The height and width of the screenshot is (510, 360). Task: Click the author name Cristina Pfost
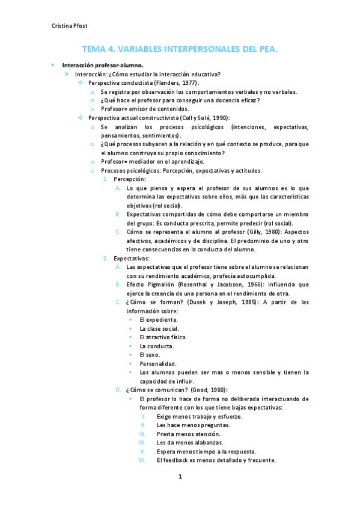(x=69, y=26)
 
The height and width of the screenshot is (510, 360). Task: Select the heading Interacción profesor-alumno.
(x=103, y=65)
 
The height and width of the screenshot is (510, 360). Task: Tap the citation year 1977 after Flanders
(x=188, y=82)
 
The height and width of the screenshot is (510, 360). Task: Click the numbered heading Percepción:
(x=130, y=179)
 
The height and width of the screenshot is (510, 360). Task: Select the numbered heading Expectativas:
(x=132, y=258)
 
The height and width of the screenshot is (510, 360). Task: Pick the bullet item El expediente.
(x=159, y=320)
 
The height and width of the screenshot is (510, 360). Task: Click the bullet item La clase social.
(x=159, y=328)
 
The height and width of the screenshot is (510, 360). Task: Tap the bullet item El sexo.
(x=150, y=355)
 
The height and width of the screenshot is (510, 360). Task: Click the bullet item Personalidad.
(x=158, y=364)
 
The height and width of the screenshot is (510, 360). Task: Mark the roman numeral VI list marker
(x=142, y=460)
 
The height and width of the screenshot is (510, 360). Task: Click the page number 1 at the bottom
(x=180, y=477)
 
